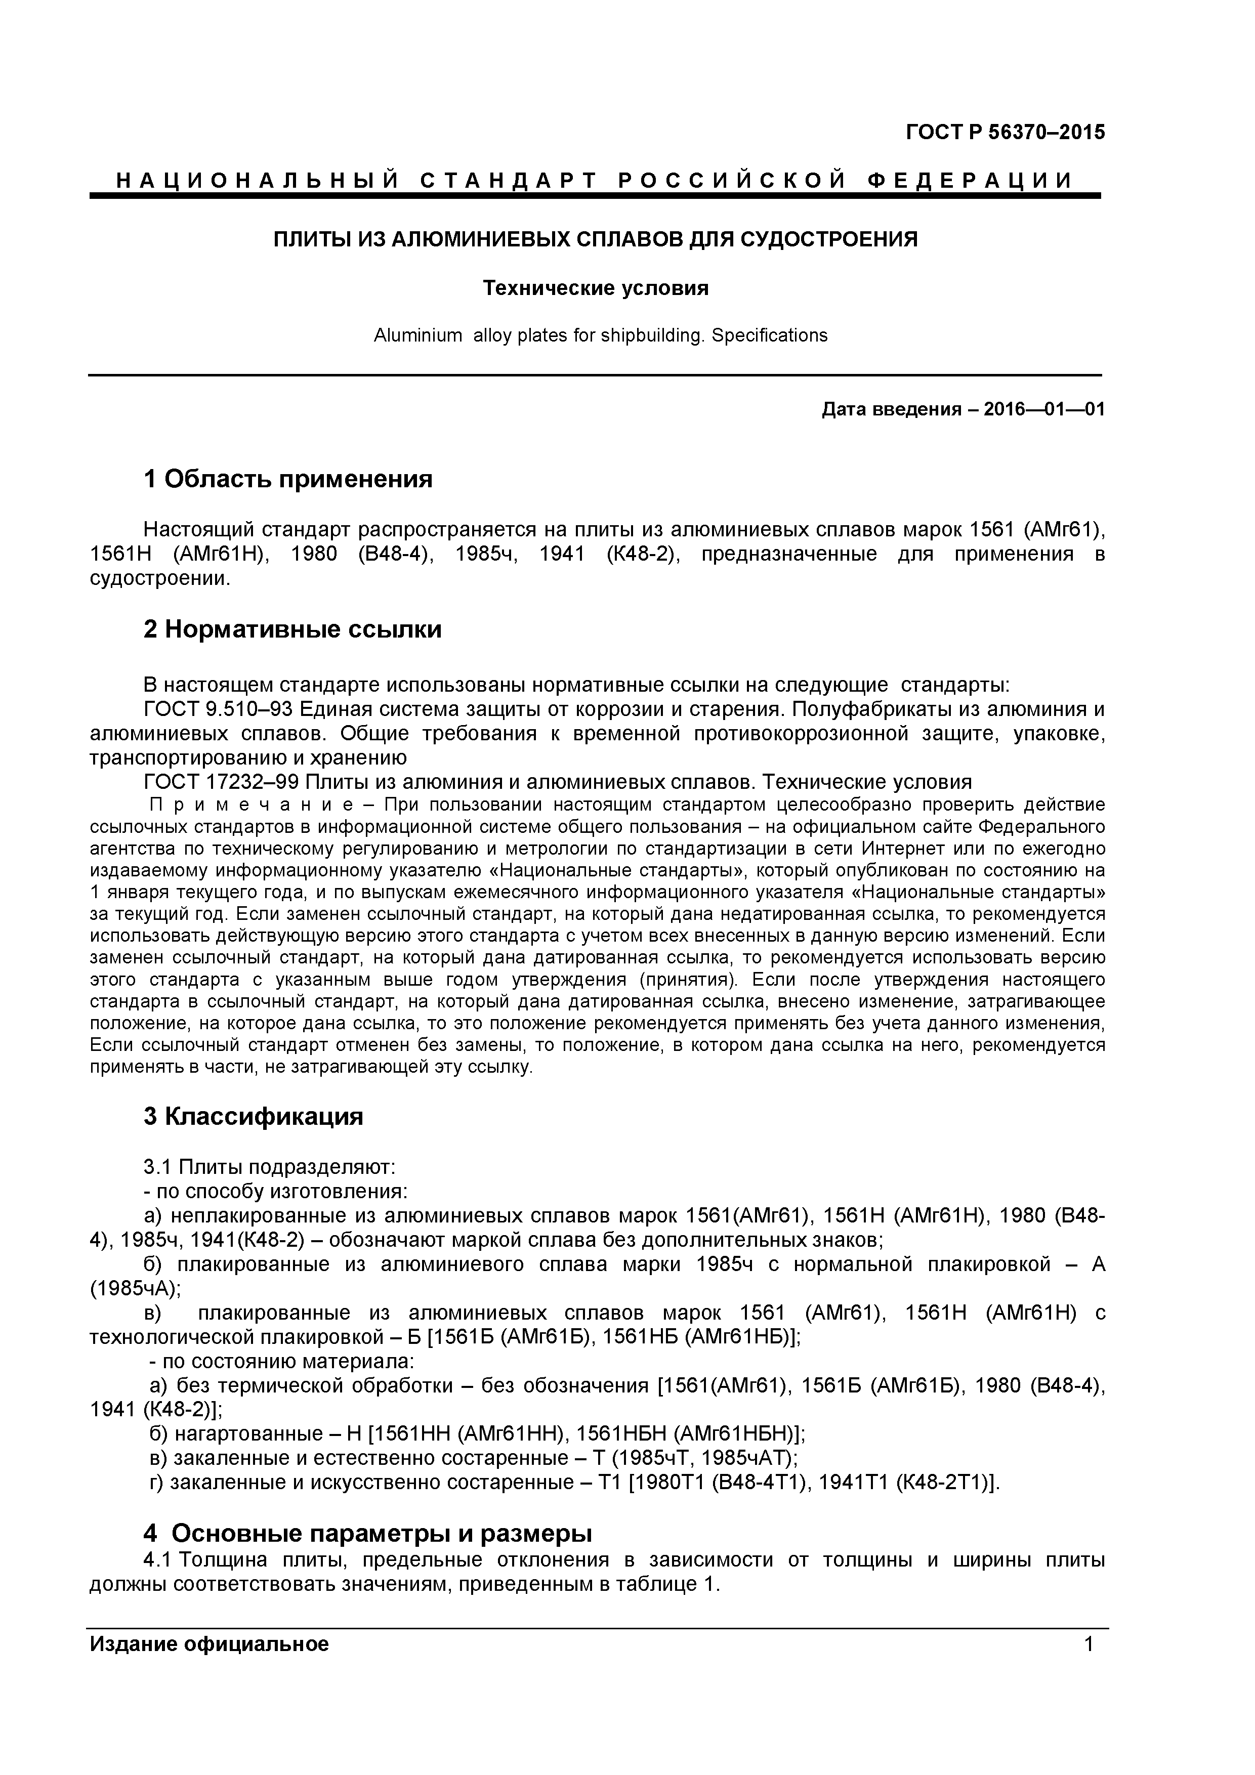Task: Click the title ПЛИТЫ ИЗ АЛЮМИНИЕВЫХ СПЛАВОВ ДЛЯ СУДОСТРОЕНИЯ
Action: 596,240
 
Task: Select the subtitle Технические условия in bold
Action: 596,288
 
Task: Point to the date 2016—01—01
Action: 1044,409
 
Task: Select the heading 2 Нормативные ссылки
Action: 292,629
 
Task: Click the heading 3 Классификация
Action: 253,1116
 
